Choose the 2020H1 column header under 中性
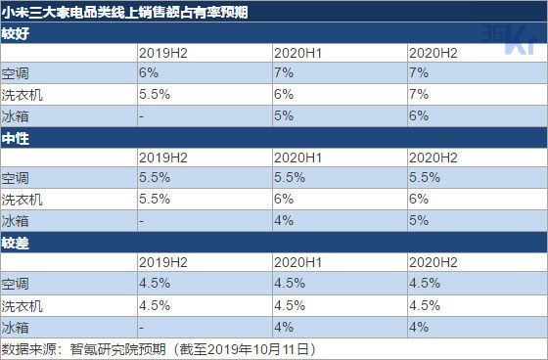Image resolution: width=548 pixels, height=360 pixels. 298,157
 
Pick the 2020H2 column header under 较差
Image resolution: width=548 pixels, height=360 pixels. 434,261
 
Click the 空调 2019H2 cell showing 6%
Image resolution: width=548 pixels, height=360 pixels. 149,73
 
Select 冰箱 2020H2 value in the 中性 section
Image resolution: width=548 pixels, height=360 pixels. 420,220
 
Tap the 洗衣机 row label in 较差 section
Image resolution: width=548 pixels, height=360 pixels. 23,303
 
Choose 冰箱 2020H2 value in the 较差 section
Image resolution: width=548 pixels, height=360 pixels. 420,325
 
